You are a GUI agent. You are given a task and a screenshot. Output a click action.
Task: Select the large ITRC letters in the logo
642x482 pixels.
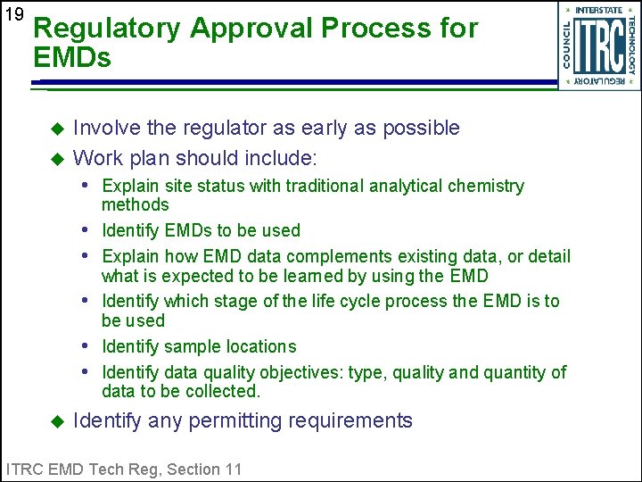[x=598, y=46]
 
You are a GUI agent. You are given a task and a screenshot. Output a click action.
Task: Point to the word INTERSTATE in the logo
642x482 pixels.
[x=599, y=10]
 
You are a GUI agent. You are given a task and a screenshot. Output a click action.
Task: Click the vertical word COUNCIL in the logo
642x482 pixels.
[x=567, y=45]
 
